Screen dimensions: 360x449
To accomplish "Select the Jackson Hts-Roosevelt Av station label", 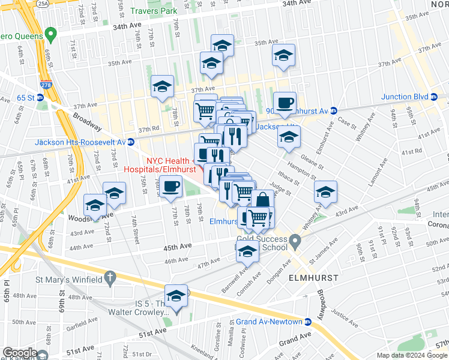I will coord(80,142).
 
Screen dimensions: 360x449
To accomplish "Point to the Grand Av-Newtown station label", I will coord(268,322).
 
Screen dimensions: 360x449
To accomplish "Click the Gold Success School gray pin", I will coord(295,242).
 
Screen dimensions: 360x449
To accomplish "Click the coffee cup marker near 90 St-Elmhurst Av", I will coord(285,102).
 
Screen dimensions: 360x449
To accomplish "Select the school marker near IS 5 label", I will coord(176,296).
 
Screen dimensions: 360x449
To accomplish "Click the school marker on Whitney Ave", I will coord(326,192).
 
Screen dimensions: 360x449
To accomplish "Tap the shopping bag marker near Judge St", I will coord(263,200).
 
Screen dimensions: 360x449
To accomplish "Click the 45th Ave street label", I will coord(178,245).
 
